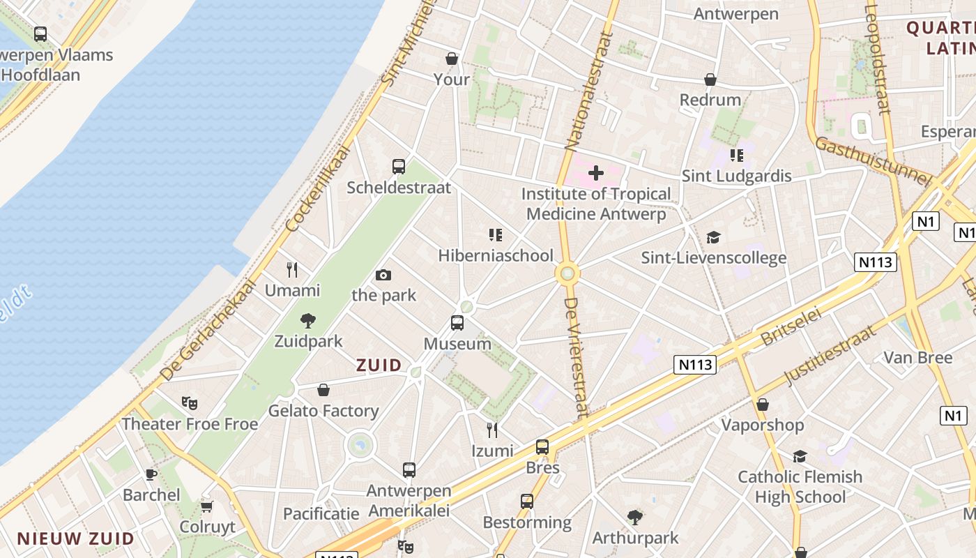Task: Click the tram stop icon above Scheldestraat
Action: (399, 167)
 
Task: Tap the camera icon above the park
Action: (383, 276)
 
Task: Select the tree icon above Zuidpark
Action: (308, 321)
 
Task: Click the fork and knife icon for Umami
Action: (292, 269)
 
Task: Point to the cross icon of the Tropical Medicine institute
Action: (596, 172)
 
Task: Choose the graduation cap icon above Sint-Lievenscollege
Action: (713, 238)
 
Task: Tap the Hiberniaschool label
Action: (496, 255)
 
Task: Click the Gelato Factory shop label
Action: (323, 411)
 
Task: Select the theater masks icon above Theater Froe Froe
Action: (190, 403)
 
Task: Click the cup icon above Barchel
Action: (151, 474)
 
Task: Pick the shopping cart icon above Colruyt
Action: (206, 506)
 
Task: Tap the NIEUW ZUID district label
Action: (75, 538)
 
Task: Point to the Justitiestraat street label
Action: (830, 355)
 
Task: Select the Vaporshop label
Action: (763, 425)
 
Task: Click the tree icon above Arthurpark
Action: (635, 518)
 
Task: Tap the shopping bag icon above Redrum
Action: (710, 80)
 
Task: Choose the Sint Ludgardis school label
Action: (737, 176)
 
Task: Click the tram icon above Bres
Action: (542, 447)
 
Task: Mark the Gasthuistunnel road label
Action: (872, 161)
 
